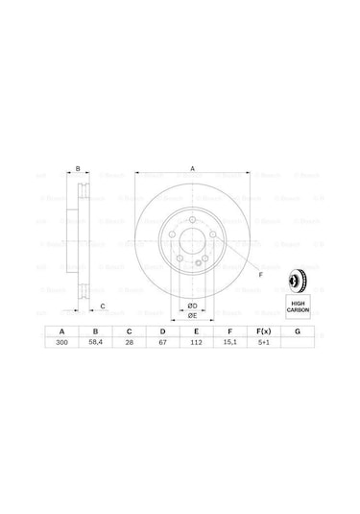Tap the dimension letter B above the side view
coord(78,170)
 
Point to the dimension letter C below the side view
coord(103,306)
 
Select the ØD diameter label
coord(192,306)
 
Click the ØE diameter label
coord(192,316)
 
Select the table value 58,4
coord(95,341)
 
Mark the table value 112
coord(195,341)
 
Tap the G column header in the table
coord(298,330)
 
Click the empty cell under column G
coord(298,341)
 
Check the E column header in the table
coord(195,330)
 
